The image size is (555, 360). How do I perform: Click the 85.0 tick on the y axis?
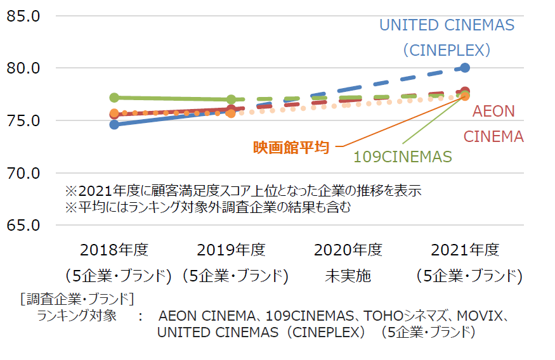(x=24, y=16)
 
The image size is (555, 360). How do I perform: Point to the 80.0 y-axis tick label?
(x=24, y=68)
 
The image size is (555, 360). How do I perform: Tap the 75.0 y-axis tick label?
(x=24, y=120)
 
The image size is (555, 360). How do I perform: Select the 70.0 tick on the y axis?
(x=24, y=172)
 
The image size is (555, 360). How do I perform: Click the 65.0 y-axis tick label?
(x=24, y=225)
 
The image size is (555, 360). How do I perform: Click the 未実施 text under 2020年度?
(x=348, y=276)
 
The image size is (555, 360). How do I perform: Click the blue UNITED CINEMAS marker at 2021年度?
(x=465, y=68)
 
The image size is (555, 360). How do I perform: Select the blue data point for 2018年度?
(x=114, y=124)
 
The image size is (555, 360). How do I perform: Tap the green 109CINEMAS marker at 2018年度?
(x=114, y=98)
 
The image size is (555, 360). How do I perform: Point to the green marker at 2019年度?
(x=232, y=100)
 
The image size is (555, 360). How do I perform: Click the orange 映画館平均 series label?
(x=291, y=147)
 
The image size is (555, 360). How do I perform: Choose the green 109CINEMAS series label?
(x=402, y=157)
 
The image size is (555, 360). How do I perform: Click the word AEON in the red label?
(x=494, y=112)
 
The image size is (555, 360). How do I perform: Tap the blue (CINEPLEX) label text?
(x=447, y=49)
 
